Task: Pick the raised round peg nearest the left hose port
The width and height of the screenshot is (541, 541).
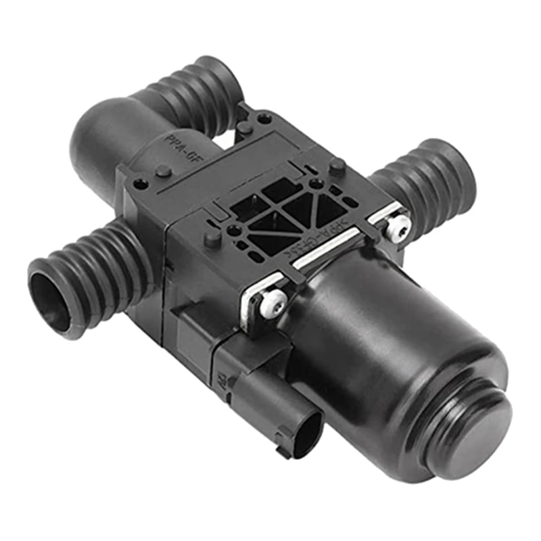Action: pyautogui.click(x=164, y=171)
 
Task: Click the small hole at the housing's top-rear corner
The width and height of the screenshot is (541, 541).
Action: pyautogui.click(x=264, y=118)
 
